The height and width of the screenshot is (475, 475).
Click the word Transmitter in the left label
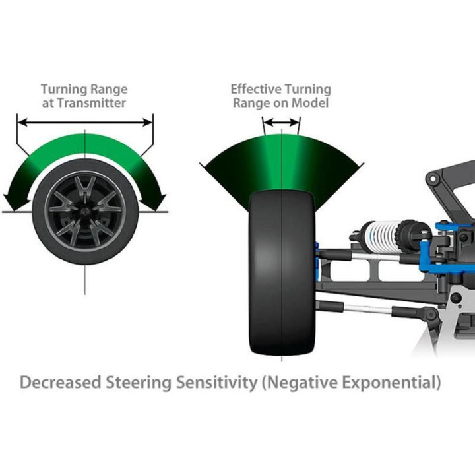[x=92, y=103]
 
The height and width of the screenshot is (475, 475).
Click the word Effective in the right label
[x=256, y=89]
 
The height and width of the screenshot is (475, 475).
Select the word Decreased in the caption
[x=60, y=382]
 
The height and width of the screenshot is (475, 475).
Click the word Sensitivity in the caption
[x=216, y=382]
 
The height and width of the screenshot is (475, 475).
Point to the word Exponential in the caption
[x=391, y=382]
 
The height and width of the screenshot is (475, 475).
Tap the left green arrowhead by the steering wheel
[x=15, y=201]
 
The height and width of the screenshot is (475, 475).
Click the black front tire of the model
[x=282, y=272]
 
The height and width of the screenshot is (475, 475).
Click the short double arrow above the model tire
[x=282, y=123]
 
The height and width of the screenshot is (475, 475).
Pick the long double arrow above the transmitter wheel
[x=85, y=123]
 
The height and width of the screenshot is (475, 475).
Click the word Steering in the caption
[x=139, y=382]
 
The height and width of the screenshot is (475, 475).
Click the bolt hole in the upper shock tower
[x=433, y=179]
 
